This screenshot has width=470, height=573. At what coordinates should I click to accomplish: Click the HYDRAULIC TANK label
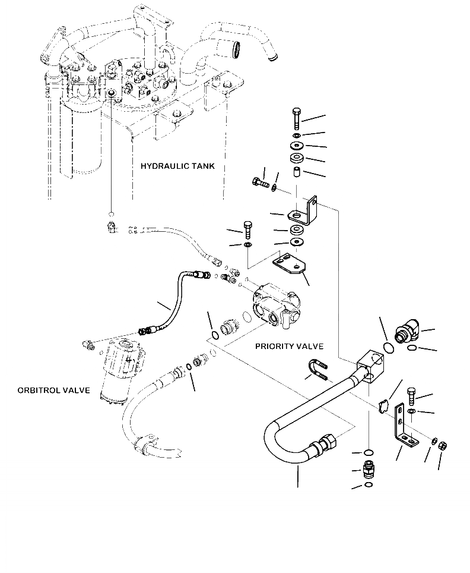point(177,166)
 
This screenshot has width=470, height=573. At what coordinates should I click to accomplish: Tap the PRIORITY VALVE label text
point(289,346)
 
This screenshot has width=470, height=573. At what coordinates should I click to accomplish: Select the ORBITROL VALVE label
point(53,391)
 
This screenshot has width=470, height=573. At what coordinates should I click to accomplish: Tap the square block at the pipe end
point(370,365)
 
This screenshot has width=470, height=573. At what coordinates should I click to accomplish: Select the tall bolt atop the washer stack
point(296,119)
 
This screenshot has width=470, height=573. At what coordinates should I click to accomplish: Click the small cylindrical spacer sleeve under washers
point(296,171)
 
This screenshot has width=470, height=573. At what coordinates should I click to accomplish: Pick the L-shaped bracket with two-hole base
point(405,426)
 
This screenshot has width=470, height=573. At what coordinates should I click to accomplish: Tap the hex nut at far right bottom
point(443,446)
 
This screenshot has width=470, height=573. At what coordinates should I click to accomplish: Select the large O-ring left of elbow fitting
point(389,348)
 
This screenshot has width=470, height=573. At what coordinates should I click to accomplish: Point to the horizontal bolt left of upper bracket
point(260,182)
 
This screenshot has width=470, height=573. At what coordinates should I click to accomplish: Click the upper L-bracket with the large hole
point(303,210)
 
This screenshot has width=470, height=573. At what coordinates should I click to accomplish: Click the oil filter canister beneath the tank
point(85,141)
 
